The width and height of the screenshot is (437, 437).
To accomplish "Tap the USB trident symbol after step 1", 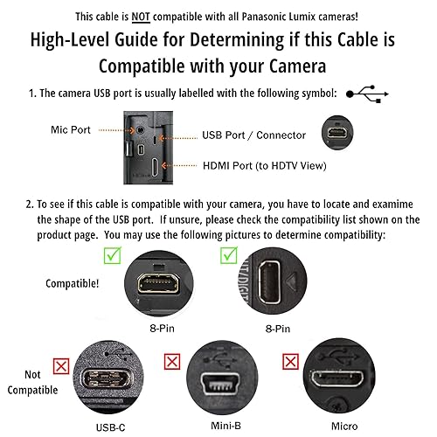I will point(367,94).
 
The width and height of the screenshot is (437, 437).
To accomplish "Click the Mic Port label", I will point(71,130).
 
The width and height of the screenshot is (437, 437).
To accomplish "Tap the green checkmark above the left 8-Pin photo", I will point(110,254).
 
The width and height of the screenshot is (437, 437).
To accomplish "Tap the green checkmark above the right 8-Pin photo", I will point(228,254).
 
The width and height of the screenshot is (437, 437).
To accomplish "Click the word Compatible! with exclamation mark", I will point(73,282).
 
